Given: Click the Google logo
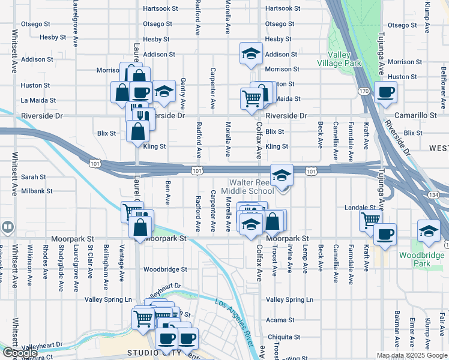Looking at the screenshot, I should tap(19, 353).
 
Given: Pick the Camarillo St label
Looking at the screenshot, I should tap(415, 115).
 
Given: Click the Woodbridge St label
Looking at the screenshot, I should tap(165, 269).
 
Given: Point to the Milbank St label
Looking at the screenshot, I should tap(37, 191).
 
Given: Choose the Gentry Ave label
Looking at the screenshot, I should tap(182, 96).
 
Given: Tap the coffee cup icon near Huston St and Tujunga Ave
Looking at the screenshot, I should tap(385, 92).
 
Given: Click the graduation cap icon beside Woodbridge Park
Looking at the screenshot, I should tap(429, 231).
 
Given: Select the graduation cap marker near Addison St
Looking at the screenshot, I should tap(250, 53).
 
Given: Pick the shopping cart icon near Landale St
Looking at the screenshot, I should tap(370, 220).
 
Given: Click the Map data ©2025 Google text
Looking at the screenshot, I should tap(412, 355).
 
